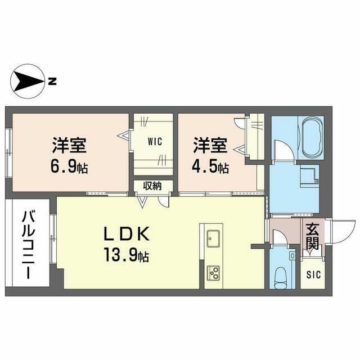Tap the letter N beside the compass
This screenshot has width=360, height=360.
pyautogui.click(x=52, y=82)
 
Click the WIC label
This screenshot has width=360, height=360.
pyautogui.click(x=155, y=142)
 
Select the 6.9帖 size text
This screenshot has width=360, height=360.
pyautogui.click(x=70, y=166)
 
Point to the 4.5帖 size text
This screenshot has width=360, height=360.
pyautogui.click(x=212, y=166)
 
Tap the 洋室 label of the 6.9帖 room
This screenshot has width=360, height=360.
pyautogui.click(x=70, y=145)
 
